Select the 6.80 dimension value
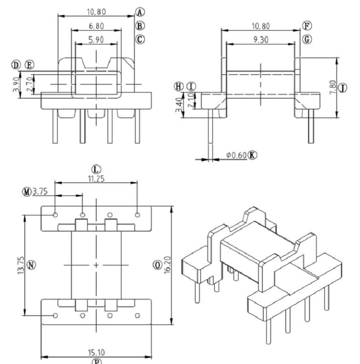(96, 25)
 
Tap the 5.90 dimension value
(96, 39)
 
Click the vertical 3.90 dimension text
(16, 84)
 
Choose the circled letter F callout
(307, 25)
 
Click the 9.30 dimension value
(261, 40)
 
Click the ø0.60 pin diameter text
(236, 155)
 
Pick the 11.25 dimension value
(96, 178)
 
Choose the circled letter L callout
(96, 168)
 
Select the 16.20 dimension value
(167, 265)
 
